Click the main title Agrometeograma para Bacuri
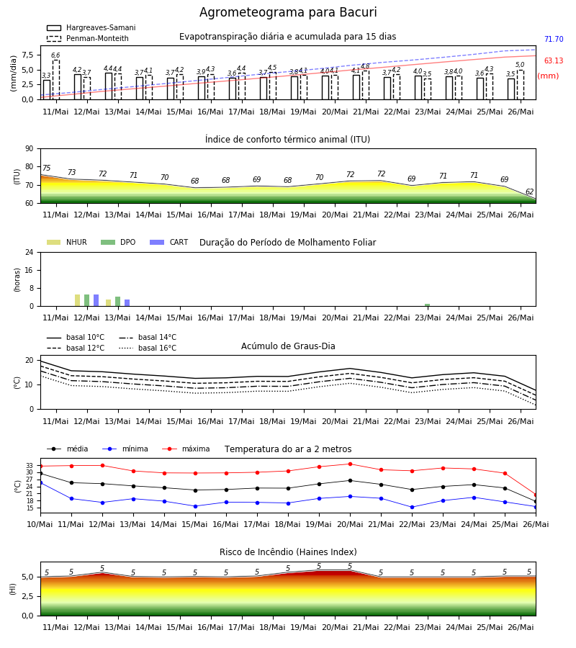tap(288, 12)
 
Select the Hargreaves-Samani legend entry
tap(91, 27)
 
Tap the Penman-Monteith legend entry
tap(88, 38)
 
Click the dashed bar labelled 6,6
tap(55, 80)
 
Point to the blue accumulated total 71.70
tap(554, 40)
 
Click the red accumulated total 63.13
tap(554, 60)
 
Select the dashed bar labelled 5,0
tap(521, 85)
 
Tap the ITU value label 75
tap(46, 168)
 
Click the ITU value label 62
tap(529, 192)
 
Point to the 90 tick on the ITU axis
tap(30, 149)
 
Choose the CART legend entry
tap(168, 242)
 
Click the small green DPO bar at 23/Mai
tap(427, 305)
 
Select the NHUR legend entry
tap(66, 242)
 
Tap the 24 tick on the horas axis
tap(30, 252)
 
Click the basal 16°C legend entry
tap(148, 348)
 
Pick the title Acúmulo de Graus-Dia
tap(288, 346)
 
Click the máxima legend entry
tap(186, 449)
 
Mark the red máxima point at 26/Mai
tap(536, 495)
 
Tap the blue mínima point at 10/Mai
tap(40, 482)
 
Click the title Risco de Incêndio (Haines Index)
tap(288, 552)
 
